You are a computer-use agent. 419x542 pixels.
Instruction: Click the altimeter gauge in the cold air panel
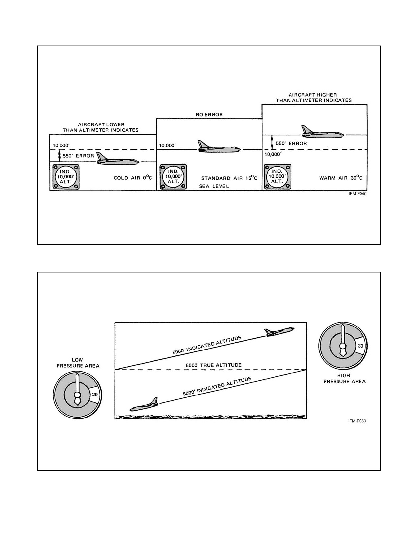click(66, 177)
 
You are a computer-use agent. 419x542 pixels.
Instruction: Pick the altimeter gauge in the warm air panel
click(277, 177)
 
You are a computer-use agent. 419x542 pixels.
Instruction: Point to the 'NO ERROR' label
click(209, 115)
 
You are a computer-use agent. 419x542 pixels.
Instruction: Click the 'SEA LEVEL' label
click(214, 186)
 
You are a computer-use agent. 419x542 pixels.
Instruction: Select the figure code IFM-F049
click(358, 194)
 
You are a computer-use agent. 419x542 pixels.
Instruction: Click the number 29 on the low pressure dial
click(95, 395)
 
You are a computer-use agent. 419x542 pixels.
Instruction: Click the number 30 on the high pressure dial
click(361, 346)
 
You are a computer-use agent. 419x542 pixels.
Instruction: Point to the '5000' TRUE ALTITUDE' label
click(213, 365)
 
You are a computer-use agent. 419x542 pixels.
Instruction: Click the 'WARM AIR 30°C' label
click(341, 178)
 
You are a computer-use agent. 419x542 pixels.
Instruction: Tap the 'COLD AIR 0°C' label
click(133, 178)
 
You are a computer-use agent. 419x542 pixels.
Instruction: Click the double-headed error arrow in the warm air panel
click(272, 143)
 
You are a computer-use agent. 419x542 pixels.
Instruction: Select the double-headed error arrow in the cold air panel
click(59, 156)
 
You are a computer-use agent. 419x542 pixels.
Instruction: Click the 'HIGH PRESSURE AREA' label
click(344, 378)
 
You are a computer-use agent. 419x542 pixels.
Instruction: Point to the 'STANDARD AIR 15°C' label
click(229, 178)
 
